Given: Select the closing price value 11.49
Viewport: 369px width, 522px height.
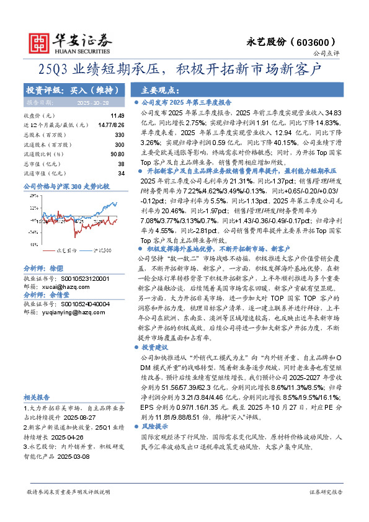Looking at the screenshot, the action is point(117,116).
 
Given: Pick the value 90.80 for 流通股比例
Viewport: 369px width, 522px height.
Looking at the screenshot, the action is point(117,154).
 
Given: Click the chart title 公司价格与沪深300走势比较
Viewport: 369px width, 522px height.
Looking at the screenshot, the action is point(66,186).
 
